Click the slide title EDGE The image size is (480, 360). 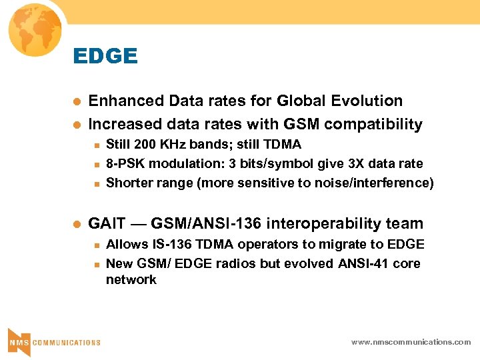click(x=105, y=56)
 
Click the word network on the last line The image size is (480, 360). click(x=131, y=280)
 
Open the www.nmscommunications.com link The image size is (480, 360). click(x=411, y=342)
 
